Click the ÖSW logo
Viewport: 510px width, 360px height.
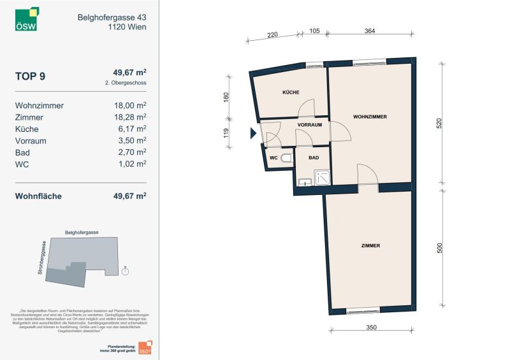pyautogui.click(x=27, y=19)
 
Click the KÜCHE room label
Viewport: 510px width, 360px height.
pyautogui.click(x=291, y=93)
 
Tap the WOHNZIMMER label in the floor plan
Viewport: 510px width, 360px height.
pyautogui.click(x=370, y=117)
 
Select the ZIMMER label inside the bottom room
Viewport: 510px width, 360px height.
pyautogui.click(x=370, y=245)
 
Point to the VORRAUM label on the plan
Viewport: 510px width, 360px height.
pyautogui.click(x=309, y=126)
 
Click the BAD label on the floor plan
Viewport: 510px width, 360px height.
pyautogui.click(x=314, y=157)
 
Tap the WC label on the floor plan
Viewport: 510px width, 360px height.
pyautogui.click(x=273, y=157)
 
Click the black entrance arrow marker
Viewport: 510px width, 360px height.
pyautogui.click(x=253, y=133)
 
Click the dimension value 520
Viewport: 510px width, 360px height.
pyautogui.click(x=439, y=124)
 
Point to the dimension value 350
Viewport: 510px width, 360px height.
pyautogui.click(x=372, y=328)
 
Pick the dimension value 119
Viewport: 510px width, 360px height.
pyautogui.click(x=226, y=133)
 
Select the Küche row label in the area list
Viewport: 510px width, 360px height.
pyautogui.click(x=27, y=129)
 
